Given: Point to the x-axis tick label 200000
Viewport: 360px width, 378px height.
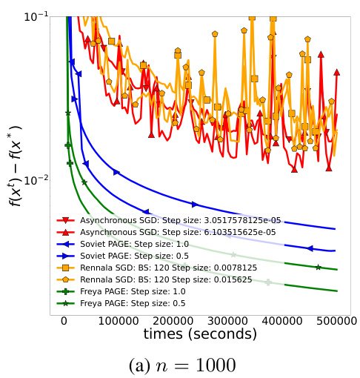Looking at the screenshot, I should (174, 319).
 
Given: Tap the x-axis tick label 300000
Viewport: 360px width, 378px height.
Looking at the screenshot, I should (230, 319).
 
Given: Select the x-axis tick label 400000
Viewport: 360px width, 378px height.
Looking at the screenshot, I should (284, 319).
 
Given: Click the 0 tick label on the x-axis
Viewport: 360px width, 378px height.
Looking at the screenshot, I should (64, 319).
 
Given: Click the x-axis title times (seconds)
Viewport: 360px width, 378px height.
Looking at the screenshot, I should (201, 334).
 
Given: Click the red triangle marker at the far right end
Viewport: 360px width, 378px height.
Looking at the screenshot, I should (337, 73).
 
